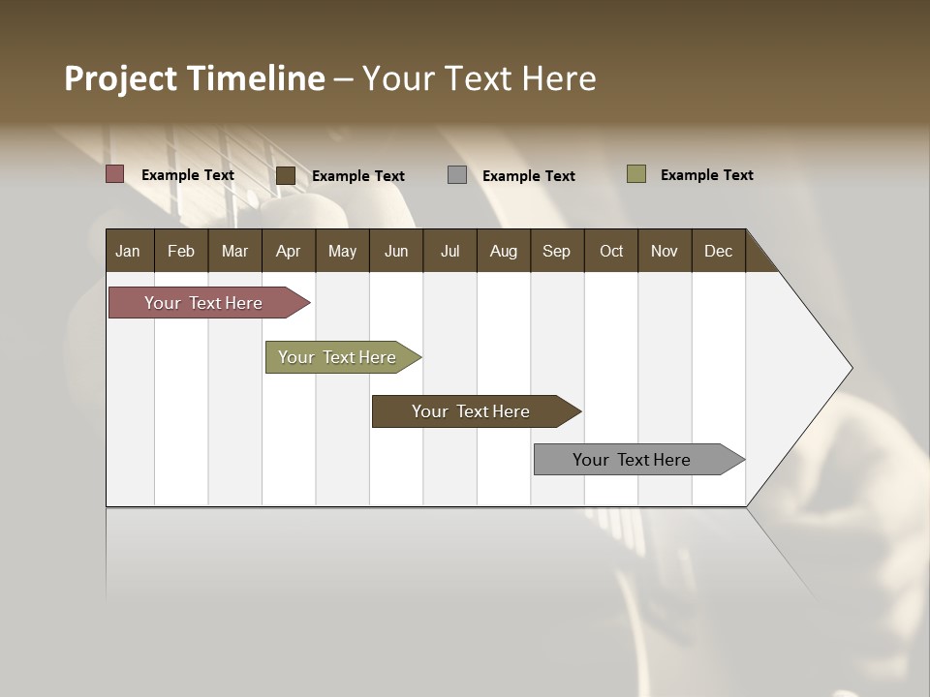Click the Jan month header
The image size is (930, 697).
pos(128,252)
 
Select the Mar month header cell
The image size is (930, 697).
pos(234,252)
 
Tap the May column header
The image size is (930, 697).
pos(342,252)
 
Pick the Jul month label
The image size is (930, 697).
pos(449,252)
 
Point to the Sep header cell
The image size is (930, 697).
pos(556,252)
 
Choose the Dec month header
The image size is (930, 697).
pos(718,252)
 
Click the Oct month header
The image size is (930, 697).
pos(611,252)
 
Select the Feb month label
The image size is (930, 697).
pos(181,252)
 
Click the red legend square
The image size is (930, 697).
pos(114,174)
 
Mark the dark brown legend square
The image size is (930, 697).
pos(286,175)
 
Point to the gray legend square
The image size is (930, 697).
pos(457,175)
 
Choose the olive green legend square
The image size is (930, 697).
pos(635,174)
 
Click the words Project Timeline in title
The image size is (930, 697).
pos(194,78)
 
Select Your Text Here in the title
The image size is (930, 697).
pos(480,78)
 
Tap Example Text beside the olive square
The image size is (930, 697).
pos(706,175)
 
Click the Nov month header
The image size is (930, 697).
pos(665,252)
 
